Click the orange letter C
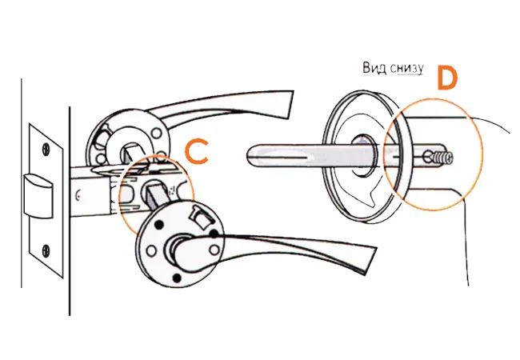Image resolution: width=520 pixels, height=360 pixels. tap(196, 152)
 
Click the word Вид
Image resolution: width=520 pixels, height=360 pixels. tap(374, 69)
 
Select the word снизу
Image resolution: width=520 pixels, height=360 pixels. tap(406, 70)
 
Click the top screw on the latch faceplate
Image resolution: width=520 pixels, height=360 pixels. tap(45, 148)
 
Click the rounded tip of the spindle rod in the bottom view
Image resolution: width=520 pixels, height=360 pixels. tap(254, 152)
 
